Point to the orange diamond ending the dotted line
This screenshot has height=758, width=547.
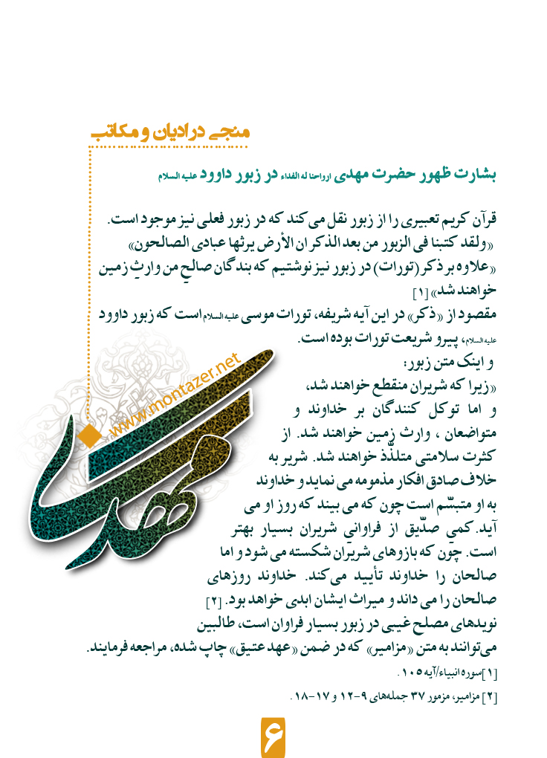89,433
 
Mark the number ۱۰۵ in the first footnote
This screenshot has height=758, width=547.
400,674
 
